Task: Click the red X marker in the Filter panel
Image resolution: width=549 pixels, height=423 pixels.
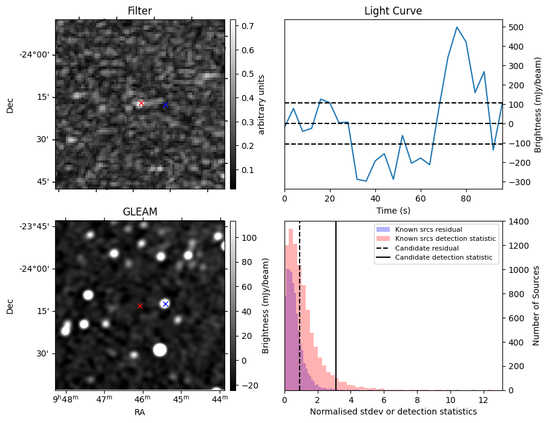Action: [141, 103]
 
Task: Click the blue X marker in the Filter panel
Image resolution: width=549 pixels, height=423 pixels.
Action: [165, 105]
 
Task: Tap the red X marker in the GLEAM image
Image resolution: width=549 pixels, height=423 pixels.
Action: [140, 306]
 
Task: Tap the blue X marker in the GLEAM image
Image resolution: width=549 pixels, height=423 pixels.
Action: [165, 304]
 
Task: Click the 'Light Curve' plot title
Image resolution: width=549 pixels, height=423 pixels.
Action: [393, 11]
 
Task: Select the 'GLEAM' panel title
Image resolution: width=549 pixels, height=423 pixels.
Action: [140, 212]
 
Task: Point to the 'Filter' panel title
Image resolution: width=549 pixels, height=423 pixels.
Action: [140, 11]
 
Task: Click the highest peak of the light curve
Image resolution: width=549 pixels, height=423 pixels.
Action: [457, 27]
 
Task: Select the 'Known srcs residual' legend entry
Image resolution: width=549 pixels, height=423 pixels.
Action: [428, 229]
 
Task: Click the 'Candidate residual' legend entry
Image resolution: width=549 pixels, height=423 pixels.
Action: [427, 248]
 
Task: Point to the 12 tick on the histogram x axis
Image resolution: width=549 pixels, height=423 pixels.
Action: [482, 400]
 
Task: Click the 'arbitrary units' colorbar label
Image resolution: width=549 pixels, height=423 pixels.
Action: [261, 104]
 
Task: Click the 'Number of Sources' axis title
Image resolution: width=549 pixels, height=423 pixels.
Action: [536, 306]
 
